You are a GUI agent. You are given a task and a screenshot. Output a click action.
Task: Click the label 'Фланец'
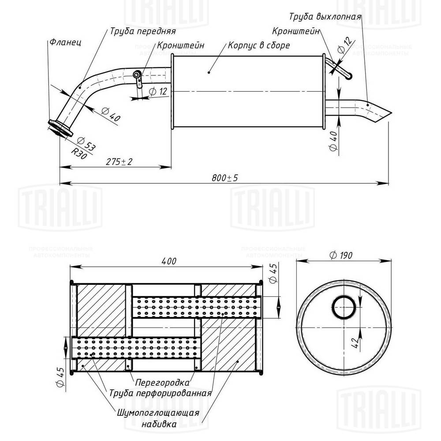coord(64,43)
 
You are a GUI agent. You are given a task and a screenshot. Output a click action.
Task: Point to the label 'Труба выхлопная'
coord(325,17)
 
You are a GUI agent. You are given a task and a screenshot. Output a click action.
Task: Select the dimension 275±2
coord(120,162)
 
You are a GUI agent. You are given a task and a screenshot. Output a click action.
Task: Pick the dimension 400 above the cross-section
coord(168,261)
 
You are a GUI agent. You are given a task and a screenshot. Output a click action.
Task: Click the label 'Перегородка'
coord(163,382)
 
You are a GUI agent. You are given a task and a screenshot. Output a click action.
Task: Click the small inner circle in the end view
coord(344,307)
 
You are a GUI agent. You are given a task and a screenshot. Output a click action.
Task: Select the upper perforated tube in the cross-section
coord(196,306)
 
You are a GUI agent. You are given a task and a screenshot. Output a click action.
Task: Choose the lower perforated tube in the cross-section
coord(135,348)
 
